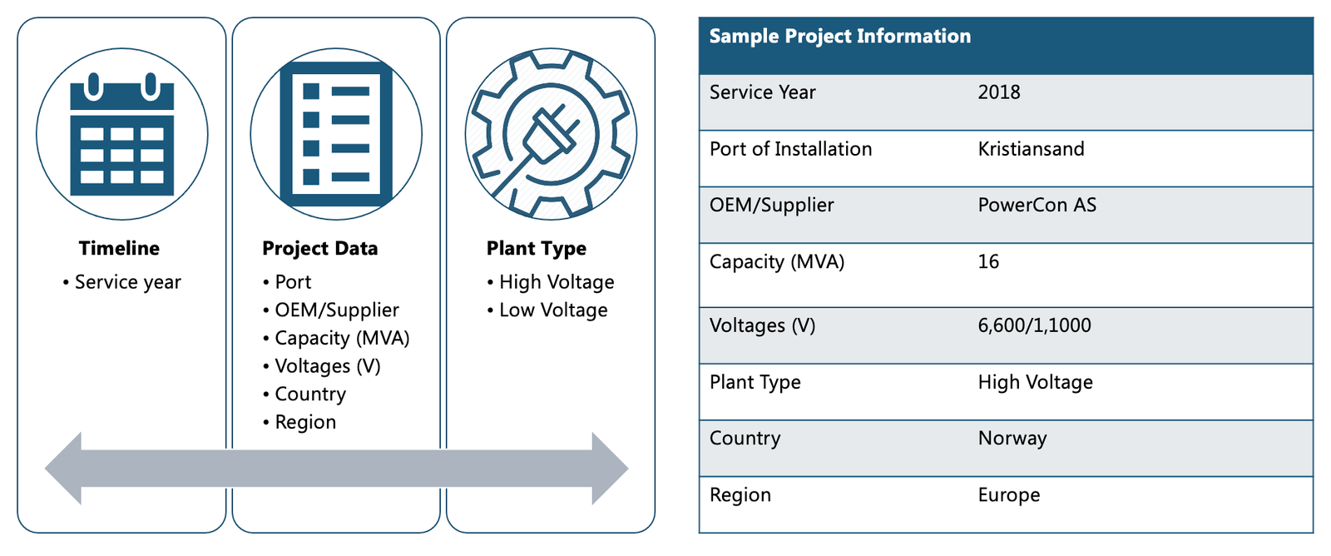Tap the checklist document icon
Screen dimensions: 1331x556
tap(336, 134)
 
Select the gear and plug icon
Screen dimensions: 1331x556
tap(551, 134)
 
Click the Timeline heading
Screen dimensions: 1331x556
tap(120, 248)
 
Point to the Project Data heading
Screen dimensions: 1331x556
tap(319, 248)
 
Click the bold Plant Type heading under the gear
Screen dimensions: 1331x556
tap(536, 248)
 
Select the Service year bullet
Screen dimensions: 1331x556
tap(121, 282)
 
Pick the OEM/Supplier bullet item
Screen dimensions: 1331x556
tap(331, 310)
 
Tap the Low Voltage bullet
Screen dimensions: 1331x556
tap(547, 310)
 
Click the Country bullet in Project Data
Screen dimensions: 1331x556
tap(304, 394)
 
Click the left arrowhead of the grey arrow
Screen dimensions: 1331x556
tap(63, 469)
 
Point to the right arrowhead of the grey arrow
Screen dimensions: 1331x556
tap(611, 469)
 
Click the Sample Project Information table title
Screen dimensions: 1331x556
tap(840, 36)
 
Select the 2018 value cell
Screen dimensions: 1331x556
tap(999, 92)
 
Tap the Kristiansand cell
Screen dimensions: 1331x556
tap(1031, 149)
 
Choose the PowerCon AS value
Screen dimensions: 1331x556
tap(1037, 205)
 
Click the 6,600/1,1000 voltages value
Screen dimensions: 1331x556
tap(1035, 325)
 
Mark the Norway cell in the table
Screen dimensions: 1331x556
tap(1012, 439)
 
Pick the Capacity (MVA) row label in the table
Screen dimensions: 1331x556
tap(777, 261)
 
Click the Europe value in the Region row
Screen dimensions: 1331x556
tap(1009, 494)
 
